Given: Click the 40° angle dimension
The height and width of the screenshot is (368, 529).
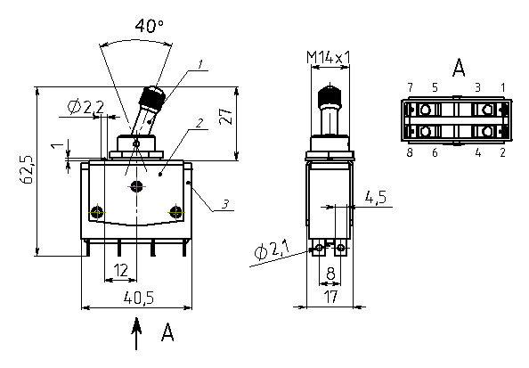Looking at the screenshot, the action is pos(150,26).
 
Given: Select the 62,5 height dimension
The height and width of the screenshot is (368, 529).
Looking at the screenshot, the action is pos(27,170).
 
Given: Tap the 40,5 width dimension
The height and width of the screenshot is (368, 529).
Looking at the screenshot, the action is pos(139,298).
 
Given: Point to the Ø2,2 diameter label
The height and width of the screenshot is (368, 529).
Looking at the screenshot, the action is pos(85,107).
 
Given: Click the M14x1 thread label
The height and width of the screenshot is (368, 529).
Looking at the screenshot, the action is pos(329,57).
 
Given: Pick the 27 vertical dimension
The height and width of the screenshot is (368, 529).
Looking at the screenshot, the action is pos(225,116).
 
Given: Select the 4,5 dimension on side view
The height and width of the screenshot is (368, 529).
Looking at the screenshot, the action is pos(376,197).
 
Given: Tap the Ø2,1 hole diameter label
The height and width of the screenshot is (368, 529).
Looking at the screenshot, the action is pos(272,250).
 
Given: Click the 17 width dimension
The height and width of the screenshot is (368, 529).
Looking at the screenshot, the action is pos(330,297).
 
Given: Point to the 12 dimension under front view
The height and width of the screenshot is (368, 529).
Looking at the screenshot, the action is pos(121,270).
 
